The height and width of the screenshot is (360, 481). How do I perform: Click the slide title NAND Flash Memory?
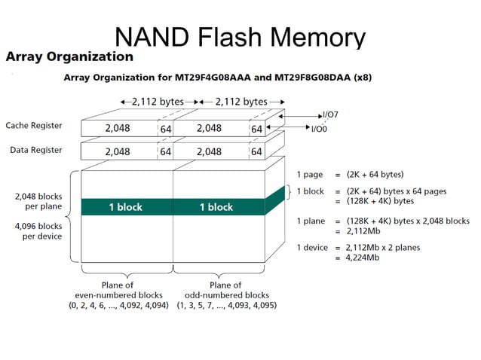click(x=240, y=36)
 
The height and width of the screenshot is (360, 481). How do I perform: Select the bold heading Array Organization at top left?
click(x=69, y=56)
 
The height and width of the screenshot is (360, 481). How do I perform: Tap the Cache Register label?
click(x=34, y=125)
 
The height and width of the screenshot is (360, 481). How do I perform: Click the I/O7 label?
click(x=331, y=115)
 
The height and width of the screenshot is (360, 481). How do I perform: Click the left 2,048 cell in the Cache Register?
click(x=118, y=128)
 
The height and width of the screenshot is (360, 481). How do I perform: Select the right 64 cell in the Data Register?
click(x=257, y=151)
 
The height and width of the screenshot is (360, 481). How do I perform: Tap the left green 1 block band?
click(x=126, y=207)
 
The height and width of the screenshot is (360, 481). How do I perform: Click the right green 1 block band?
click(x=216, y=207)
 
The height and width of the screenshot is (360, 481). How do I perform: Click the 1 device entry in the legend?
click(x=314, y=247)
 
